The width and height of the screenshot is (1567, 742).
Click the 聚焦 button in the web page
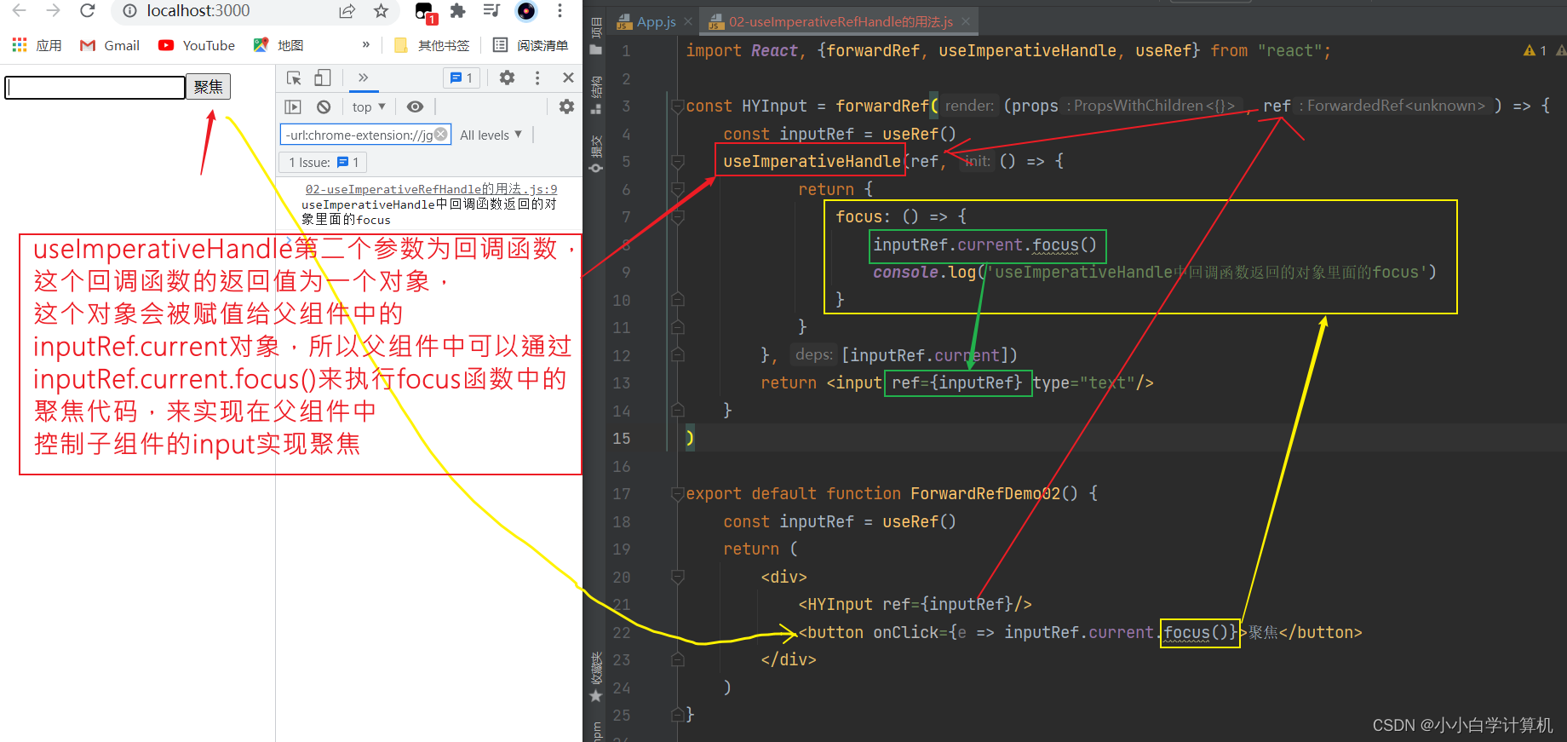click(209, 87)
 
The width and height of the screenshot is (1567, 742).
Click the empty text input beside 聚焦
click(95, 87)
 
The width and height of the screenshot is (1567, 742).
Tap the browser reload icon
click(87, 11)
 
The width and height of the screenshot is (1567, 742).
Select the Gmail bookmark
click(110, 45)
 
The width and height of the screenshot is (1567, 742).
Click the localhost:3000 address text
click(198, 11)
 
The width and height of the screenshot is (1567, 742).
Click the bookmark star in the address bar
click(381, 11)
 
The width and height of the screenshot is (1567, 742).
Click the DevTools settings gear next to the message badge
click(507, 78)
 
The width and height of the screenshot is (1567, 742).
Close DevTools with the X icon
click(568, 78)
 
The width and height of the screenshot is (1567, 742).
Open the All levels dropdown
click(491, 135)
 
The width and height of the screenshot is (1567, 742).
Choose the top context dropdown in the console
click(368, 106)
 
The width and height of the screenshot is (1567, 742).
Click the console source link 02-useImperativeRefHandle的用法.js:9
click(431, 189)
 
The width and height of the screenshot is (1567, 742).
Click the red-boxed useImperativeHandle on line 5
click(811, 161)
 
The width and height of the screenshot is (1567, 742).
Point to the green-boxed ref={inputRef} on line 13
click(956, 383)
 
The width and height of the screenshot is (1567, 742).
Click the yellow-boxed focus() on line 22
click(1199, 632)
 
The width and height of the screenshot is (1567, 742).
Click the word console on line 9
click(905, 272)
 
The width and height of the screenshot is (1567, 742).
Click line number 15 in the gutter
click(622, 438)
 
